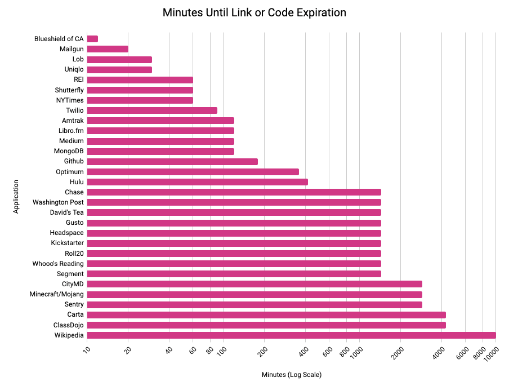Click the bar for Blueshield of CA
(x=92, y=39)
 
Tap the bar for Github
(x=172, y=162)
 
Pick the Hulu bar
(x=197, y=182)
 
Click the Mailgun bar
(x=108, y=49)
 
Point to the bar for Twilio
(x=152, y=110)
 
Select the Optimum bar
(x=193, y=172)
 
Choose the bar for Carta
(x=266, y=315)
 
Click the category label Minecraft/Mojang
(x=56, y=295)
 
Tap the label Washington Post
(x=58, y=202)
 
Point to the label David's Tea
(x=66, y=212)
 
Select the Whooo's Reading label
(x=58, y=264)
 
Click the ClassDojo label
(x=68, y=325)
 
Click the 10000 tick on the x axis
(x=490, y=356)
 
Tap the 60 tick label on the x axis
(x=193, y=350)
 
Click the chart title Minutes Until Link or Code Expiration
(x=254, y=12)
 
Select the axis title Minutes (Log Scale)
(x=291, y=375)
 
